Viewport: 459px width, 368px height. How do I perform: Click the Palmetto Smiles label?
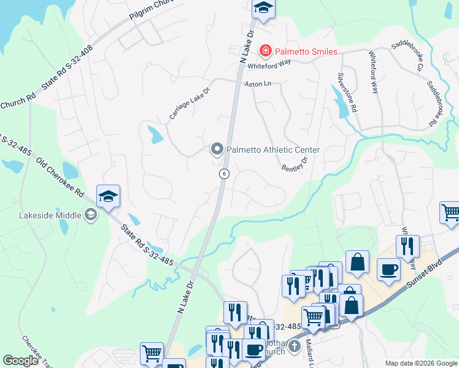pos(306,52)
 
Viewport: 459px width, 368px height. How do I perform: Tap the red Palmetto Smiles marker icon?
pos(265,51)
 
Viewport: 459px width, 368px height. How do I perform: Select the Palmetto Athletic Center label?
pos(273,150)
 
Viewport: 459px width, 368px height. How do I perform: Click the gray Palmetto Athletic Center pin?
pos(217,149)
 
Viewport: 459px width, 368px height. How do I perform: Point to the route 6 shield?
pos(225,174)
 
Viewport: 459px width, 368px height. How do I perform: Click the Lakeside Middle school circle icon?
pos(90,214)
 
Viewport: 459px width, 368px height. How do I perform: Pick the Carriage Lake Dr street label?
pos(190,103)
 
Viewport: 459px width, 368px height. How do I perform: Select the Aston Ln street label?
pos(258,83)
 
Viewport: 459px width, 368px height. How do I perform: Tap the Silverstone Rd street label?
pos(347,93)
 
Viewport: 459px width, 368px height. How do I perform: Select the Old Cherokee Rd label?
pos(60,178)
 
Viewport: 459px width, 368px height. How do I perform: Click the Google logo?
pos(20,361)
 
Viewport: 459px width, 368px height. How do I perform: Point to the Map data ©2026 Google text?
pos(420,363)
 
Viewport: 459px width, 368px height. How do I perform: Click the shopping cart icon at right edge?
pos(450,213)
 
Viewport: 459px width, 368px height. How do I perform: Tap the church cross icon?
pos(294,347)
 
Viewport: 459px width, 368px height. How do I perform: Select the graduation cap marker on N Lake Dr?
pos(263,8)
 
